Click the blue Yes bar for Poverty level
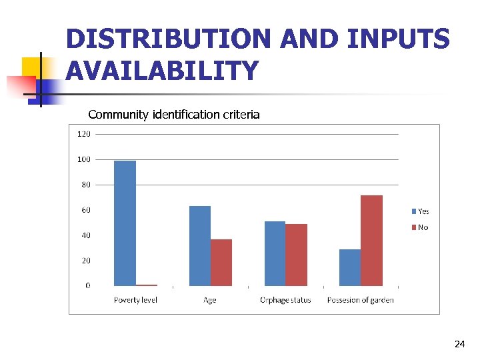coord(125,223)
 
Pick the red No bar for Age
coord(221,262)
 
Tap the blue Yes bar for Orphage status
coord(275,253)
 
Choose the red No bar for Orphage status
coord(296,255)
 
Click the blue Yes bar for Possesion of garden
coord(350,267)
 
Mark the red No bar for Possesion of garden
coord(371,240)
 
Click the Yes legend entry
coord(420,211)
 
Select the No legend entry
coord(420,228)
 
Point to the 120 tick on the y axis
coord(85,134)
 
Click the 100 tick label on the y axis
coord(85,159)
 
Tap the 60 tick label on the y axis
coord(86,210)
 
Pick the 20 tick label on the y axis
coord(86,261)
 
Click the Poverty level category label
coord(135,300)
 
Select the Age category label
coord(210,300)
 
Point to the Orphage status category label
coord(285,300)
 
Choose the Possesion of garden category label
coord(360,300)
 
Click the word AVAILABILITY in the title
coord(162,70)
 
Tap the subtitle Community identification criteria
coord(174,114)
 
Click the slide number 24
coord(459,344)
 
